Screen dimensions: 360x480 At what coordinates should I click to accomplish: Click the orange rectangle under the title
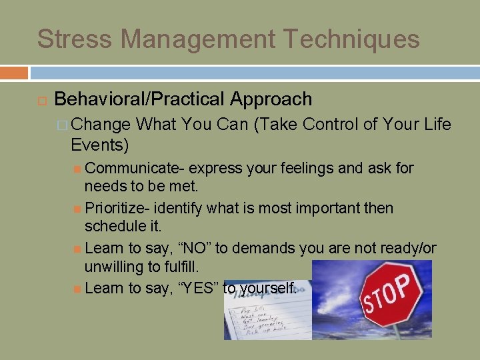(x=14, y=73)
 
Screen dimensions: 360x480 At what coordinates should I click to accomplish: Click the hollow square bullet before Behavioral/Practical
(x=40, y=101)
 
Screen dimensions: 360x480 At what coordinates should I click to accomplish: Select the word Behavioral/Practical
(x=139, y=99)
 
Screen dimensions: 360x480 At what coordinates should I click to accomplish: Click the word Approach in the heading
(x=271, y=99)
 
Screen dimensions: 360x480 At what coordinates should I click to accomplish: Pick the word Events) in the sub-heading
(x=99, y=144)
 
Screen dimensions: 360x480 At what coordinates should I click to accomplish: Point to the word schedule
(x=113, y=227)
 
